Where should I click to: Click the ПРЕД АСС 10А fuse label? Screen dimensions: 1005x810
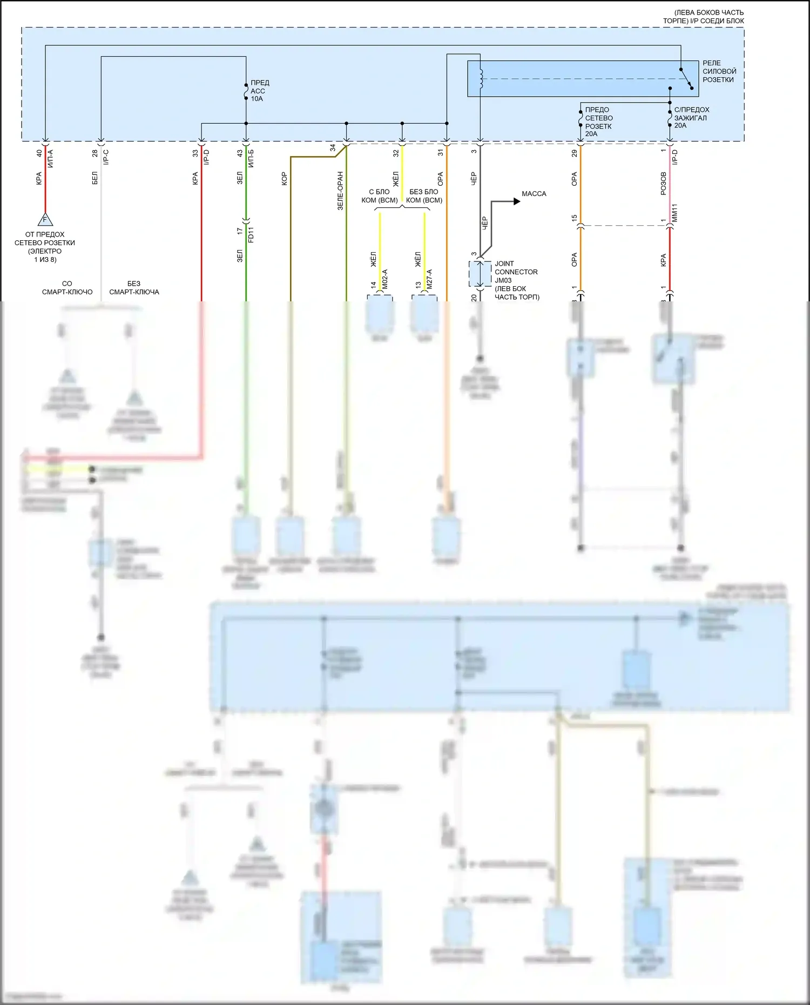[259, 91]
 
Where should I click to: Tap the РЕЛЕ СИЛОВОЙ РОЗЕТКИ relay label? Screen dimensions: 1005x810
[719, 71]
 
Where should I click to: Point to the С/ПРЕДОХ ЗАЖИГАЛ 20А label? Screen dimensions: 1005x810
[691, 117]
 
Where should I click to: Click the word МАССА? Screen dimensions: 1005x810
[534, 193]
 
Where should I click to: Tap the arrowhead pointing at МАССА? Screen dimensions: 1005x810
[517, 201]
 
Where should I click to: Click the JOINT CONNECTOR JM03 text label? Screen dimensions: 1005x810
[516, 272]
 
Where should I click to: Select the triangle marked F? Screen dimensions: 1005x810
[45, 220]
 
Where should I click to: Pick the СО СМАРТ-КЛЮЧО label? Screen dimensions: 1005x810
[67, 288]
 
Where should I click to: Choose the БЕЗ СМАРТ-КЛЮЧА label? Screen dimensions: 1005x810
[134, 288]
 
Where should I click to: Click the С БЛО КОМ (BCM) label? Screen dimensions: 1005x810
[379, 196]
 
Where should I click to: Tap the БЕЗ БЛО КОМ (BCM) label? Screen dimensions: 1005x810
[424, 196]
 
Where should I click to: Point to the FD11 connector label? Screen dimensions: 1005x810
[251, 235]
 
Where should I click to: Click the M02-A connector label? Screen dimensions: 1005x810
[384, 279]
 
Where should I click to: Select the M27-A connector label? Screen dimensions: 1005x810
[429, 279]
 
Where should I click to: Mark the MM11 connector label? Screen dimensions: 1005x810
[674, 213]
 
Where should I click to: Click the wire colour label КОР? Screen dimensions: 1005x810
[284, 179]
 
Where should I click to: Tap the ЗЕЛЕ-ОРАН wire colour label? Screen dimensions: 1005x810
[340, 191]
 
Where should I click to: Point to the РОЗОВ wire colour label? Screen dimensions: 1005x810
[663, 184]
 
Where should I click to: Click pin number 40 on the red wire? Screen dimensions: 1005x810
[39, 153]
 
